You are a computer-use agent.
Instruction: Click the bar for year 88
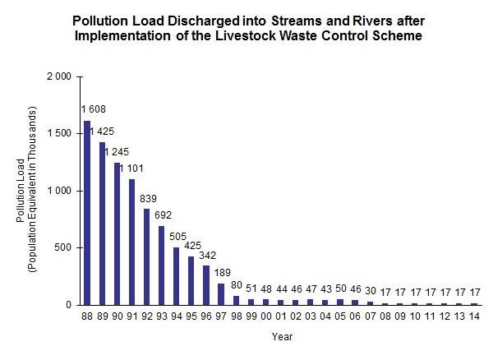(87, 213)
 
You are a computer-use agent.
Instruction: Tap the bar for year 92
(146, 256)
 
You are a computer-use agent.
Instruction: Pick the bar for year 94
(176, 276)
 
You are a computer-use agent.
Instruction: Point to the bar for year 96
(205, 285)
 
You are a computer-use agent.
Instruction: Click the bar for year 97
(220, 294)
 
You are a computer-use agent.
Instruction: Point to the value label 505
(177, 237)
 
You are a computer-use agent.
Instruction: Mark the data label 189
(222, 272)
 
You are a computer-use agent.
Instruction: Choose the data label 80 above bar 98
(236, 285)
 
